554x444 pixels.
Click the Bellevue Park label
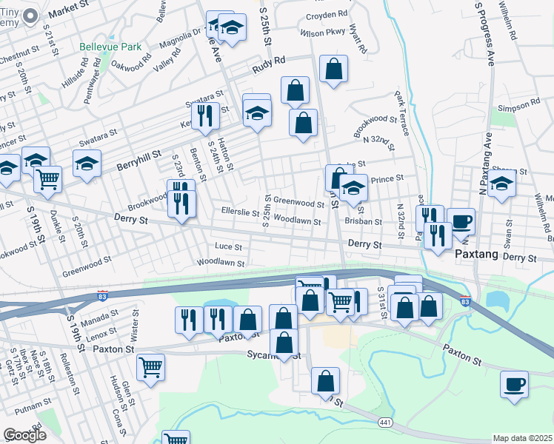pyautogui.click(x=110, y=47)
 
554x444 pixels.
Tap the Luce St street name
pyautogui.click(x=228, y=246)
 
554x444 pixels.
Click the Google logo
pyautogui.click(x=24, y=435)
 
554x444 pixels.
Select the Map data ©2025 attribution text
pyautogui.click(x=522, y=438)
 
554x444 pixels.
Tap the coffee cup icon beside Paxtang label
pyautogui.click(x=461, y=221)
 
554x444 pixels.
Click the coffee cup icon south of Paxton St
pyautogui.click(x=514, y=385)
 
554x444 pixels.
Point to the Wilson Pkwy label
pyautogui.click(x=323, y=33)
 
